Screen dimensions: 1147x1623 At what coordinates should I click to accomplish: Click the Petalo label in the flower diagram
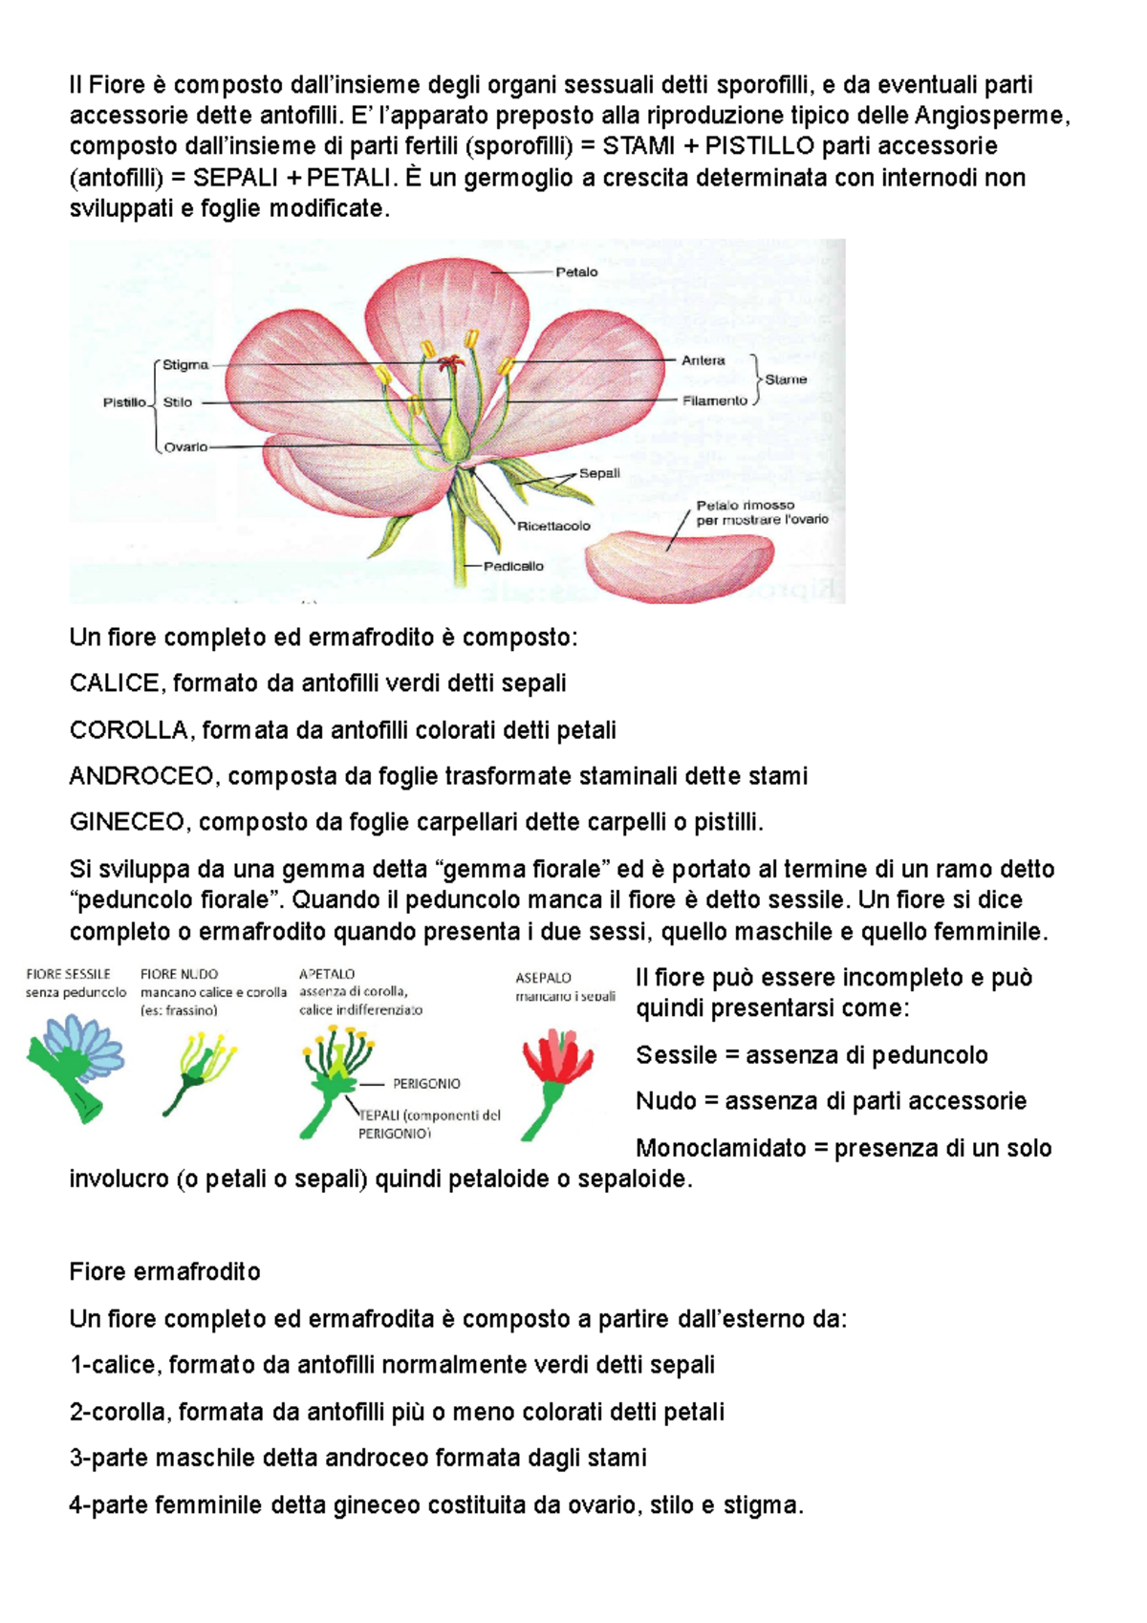point(576,272)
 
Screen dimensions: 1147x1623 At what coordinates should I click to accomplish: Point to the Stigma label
point(185,365)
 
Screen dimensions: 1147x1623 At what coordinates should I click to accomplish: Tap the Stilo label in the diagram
point(178,402)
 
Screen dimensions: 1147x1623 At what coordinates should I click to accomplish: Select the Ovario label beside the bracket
point(185,447)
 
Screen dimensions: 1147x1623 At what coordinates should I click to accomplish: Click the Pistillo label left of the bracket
point(124,402)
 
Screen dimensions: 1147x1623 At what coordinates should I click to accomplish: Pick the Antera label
point(703,360)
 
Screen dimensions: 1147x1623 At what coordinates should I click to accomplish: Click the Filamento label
point(714,400)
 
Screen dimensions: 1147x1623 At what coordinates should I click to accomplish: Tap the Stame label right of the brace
point(786,379)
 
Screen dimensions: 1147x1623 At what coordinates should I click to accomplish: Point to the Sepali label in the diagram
point(599,473)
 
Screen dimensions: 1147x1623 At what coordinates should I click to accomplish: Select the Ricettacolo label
point(553,526)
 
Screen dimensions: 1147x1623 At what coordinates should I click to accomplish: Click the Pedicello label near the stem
point(513,566)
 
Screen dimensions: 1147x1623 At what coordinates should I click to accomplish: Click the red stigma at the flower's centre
point(449,362)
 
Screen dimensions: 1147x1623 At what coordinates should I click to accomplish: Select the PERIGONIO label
point(426,1084)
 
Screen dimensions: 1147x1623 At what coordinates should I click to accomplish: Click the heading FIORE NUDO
point(179,974)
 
